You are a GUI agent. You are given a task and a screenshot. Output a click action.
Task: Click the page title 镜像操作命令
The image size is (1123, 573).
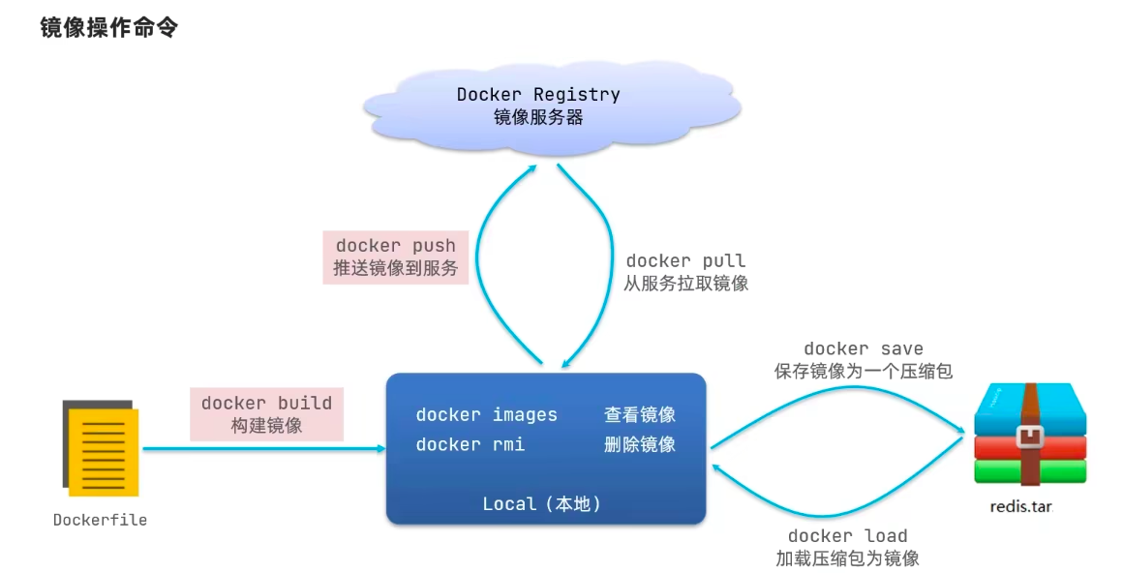108,27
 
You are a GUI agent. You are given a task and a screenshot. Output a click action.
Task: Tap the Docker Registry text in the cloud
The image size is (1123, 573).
538,95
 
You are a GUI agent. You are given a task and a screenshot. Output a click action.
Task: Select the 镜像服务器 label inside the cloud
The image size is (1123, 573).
538,117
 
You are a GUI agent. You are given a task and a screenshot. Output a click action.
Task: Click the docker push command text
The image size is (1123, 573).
395,246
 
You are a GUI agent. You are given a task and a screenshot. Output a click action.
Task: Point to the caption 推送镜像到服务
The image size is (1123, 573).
395,268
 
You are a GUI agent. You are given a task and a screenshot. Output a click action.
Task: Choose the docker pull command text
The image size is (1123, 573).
685,260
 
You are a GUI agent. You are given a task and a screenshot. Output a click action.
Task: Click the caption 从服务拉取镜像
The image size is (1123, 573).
685,283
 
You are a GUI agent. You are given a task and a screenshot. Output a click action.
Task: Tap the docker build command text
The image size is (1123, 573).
266,404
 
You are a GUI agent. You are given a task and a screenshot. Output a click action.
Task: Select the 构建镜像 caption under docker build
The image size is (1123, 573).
266,426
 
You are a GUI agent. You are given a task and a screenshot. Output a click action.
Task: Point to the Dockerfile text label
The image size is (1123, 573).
101,520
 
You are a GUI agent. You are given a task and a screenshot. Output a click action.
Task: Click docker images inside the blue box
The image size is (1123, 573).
486,414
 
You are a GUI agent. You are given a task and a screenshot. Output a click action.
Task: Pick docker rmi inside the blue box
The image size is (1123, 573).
470,445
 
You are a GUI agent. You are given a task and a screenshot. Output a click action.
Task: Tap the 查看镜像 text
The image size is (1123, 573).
640,414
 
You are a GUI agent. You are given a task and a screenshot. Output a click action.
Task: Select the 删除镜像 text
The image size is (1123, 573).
640,445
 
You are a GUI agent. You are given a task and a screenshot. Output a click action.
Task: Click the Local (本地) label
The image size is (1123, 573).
541,504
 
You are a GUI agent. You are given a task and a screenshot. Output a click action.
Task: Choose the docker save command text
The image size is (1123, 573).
863,348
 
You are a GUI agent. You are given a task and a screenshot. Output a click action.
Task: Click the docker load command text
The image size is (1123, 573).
847,536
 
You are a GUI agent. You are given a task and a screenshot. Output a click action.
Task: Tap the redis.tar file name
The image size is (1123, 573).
1021,507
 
